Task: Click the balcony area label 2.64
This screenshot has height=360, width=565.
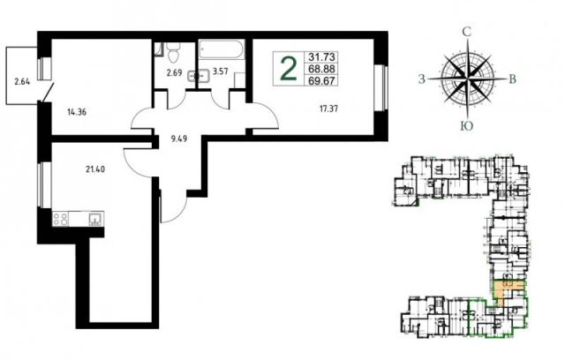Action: tap(22, 82)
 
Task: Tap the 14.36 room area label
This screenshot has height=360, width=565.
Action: tap(77, 112)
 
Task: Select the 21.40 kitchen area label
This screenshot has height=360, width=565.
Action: tap(95, 169)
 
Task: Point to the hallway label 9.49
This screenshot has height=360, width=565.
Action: tap(179, 139)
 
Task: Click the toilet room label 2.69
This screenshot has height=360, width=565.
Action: tap(174, 73)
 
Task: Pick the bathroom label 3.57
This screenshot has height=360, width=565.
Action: tap(220, 71)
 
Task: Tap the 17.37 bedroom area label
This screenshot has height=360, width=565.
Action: tap(328, 109)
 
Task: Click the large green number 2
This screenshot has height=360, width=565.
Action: tap(289, 69)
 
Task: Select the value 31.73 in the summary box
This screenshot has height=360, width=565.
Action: tap(321, 56)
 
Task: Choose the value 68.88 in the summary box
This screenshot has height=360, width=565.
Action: tap(321, 69)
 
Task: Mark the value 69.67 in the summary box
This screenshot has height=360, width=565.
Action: tap(321, 80)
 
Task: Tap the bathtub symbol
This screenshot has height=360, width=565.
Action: tap(222, 49)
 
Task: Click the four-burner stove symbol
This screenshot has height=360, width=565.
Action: tap(60, 219)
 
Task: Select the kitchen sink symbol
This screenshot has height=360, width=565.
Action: tap(95, 219)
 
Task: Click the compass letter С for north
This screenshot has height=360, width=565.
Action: tap(467, 33)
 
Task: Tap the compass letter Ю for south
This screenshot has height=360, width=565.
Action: tap(467, 125)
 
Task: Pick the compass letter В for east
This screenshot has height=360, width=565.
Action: tap(512, 79)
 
